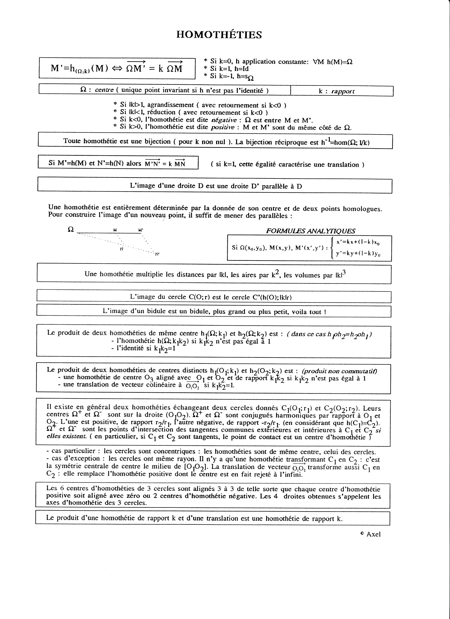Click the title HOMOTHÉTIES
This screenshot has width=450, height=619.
click(219, 35)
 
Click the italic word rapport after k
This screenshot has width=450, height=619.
click(343, 91)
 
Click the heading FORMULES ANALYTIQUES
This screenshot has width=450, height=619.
click(310, 231)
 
